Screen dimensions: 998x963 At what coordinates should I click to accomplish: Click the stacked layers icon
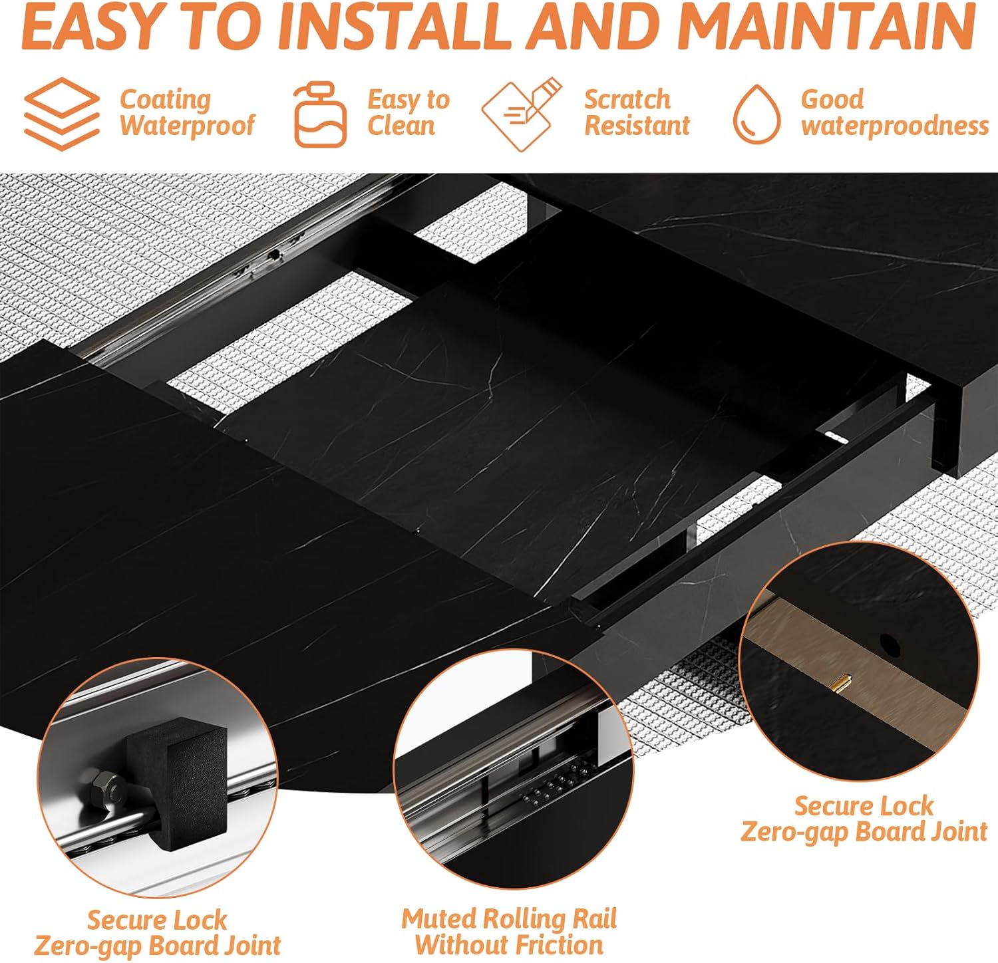(62, 114)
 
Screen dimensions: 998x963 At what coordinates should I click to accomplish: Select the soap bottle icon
(321, 114)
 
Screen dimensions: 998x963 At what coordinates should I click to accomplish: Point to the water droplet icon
(757, 114)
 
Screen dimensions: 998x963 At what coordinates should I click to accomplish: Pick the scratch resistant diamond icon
(522, 114)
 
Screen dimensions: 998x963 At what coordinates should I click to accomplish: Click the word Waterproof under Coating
(187, 126)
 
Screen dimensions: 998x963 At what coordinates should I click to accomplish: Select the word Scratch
(627, 100)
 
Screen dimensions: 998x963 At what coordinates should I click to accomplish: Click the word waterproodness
(895, 126)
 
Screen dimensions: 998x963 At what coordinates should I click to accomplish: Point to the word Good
(832, 100)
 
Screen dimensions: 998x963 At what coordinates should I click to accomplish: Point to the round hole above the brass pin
(889, 643)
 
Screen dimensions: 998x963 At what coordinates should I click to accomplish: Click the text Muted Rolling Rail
(509, 919)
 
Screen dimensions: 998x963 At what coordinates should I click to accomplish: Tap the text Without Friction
(509, 945)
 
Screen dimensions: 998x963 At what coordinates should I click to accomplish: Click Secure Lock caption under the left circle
(157, 920)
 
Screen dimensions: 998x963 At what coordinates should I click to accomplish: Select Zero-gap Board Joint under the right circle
(864, 832)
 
